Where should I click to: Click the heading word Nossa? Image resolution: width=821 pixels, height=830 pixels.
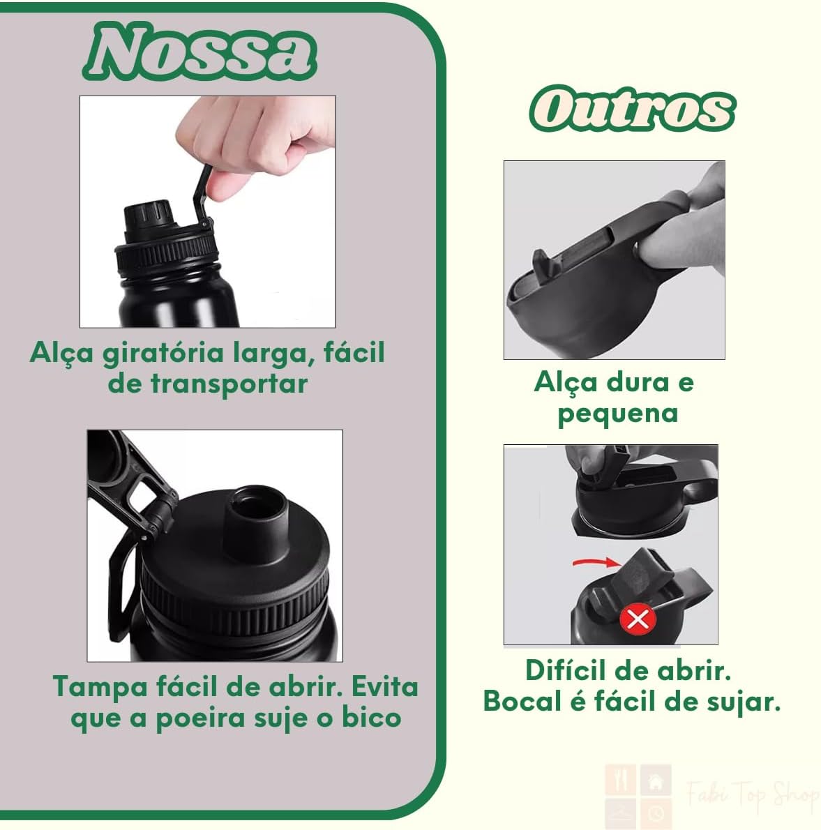tap(200, 52)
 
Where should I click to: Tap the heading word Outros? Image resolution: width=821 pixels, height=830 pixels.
tap(633, 109)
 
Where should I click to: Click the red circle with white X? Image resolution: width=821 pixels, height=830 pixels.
tap(638, 619)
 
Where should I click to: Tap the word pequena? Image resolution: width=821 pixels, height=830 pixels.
tap(618, 414)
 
